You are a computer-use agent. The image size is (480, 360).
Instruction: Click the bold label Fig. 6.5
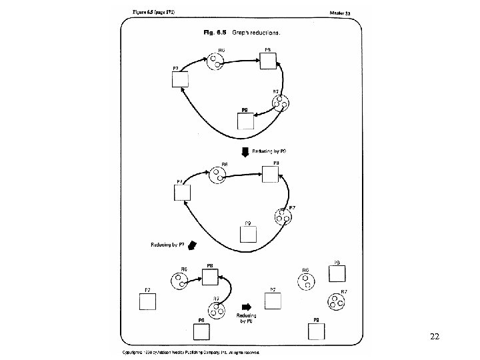click(212, 32)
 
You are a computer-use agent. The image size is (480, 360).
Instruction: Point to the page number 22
click(435, 337)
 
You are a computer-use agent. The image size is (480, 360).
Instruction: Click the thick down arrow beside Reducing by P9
click(245, 152)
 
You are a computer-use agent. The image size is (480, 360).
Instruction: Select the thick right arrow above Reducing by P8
click(247, 307)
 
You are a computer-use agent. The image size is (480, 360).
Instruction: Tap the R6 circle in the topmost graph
click(216, 63)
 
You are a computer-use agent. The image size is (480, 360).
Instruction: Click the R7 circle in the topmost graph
click(281, 103)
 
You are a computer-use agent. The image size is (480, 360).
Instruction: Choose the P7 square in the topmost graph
click(181, 79)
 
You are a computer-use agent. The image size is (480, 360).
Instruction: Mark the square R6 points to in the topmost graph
click(268, 60)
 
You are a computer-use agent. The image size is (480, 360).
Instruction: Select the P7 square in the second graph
click(183, 192)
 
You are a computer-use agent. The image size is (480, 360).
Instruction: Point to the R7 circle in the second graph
click(283, 217)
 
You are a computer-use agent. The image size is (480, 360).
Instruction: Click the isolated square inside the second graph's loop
click(248, 234)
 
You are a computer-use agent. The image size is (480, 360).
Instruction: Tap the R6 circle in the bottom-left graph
click(179, 281)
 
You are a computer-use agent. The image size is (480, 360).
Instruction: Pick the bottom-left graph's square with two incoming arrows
click(209, 276)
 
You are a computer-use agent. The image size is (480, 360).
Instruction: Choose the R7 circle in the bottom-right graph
click(336, 301)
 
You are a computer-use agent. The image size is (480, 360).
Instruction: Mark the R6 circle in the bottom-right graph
click(305, 281)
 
